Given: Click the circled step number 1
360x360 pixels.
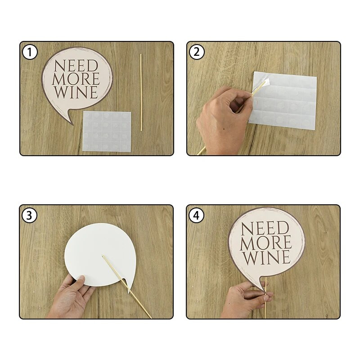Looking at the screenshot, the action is tap(30, 52).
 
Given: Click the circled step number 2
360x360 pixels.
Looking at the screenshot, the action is tap(197, 52).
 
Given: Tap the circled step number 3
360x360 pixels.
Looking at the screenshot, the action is tap(29, 216).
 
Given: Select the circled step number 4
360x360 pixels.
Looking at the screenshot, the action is tap(196, 216).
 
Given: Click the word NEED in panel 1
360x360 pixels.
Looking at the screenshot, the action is tap(76, 66).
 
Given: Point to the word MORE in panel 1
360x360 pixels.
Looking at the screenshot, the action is tap(76, 79).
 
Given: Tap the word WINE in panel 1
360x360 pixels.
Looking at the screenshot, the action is tap(76, 92).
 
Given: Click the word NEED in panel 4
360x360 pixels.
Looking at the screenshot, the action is tap(265, 228).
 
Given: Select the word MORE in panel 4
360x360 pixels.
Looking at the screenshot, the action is tap(266, 243).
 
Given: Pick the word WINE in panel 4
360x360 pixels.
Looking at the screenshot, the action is tap(267, 257).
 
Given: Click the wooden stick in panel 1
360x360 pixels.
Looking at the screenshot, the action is tap(141, 93).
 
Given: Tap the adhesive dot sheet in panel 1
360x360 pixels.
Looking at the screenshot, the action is tap(107, 131).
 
